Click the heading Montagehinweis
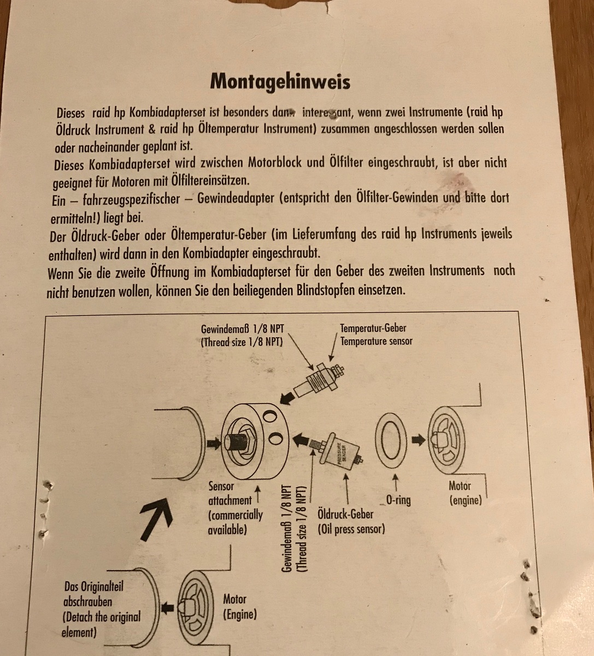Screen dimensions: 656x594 [x=280, y=81]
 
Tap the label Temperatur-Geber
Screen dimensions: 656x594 [x=373, y=329]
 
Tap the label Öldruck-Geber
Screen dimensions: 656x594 [x=345, y=514]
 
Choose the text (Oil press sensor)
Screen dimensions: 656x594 [x=351, y=529]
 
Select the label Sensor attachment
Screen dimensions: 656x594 [x=230, y=493]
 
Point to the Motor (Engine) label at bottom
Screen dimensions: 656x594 [x=239, y=607]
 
